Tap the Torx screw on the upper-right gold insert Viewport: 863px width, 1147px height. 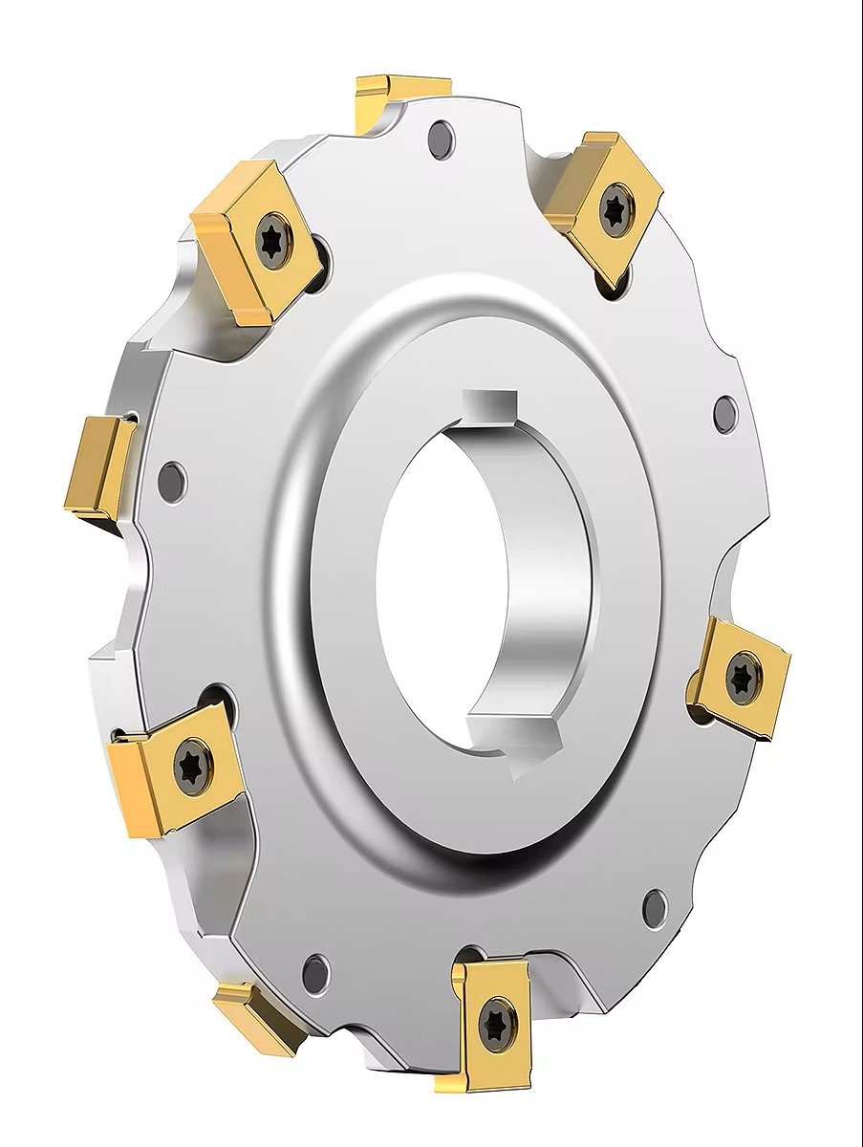tap(612, 204)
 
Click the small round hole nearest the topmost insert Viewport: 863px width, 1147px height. tap(442, 140)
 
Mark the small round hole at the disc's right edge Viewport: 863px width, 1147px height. tap(725, 412)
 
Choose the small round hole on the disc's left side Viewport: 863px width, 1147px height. tap(172, 476)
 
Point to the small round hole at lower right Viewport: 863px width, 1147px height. tap(655, 902)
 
